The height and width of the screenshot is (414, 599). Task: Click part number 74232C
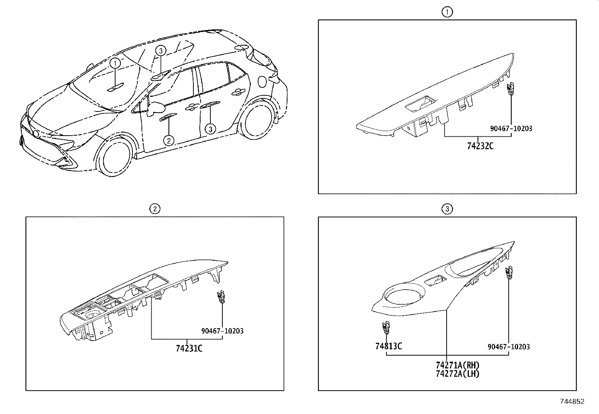480,146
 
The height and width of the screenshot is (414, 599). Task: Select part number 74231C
189,348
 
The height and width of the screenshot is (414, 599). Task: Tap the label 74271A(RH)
458,365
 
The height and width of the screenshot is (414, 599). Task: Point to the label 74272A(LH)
458,374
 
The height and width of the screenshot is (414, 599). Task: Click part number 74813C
388,346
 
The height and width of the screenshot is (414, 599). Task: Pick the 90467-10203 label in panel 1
511,128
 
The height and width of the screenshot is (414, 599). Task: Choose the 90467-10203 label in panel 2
222,331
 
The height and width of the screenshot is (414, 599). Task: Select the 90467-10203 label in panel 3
509,347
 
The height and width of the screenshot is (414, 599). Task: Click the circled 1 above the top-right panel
447,12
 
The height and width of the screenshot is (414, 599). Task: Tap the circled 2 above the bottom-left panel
155,209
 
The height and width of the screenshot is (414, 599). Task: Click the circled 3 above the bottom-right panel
447,209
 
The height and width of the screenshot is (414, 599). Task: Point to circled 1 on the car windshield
116,63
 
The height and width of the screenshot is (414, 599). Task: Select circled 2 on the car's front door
169,141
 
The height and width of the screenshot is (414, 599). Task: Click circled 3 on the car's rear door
210,129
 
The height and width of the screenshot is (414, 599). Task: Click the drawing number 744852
572,402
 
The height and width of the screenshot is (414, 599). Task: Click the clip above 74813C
385,327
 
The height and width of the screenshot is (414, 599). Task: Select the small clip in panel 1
510,89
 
